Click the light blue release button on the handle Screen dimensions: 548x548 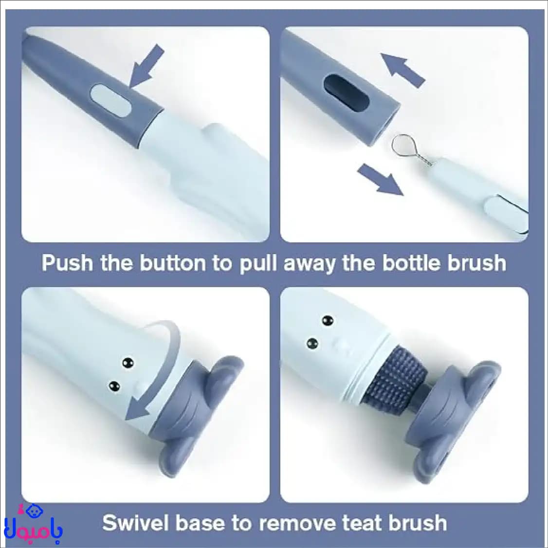110,101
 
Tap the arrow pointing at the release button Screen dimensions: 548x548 147,65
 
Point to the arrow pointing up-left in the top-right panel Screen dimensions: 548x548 402,70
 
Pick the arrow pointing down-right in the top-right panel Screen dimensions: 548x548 380,179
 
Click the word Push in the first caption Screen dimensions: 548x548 68,263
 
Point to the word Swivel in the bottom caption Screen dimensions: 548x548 136,523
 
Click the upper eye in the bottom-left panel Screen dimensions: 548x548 128,363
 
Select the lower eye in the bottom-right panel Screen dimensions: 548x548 312,344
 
